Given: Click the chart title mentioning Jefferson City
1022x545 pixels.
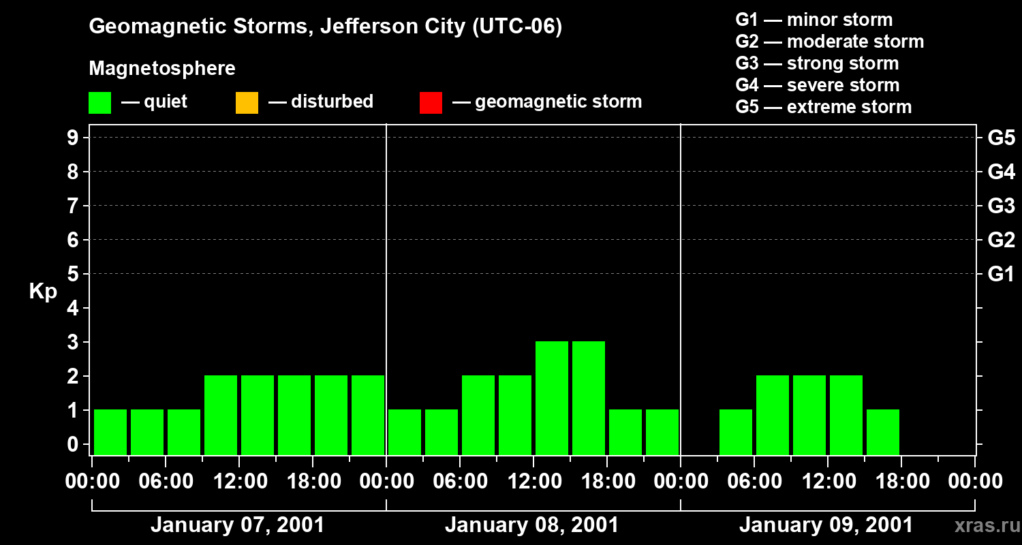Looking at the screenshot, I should (x=325, y=27).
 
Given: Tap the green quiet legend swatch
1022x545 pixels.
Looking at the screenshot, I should (x=99, y=102).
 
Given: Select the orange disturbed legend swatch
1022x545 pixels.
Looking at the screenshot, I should (x=247, y=102).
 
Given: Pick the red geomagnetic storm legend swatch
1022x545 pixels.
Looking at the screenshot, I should (x=431, y=102).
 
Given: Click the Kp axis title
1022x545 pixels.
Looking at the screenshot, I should (x=43, y=292).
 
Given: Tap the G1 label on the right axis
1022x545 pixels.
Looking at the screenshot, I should (x=1001, y=274).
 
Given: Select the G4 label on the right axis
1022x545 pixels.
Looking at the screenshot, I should (x=1001, y=172).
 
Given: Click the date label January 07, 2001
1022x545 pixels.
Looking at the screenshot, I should (x=237, y=525).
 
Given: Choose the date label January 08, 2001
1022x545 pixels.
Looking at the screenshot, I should (x=531, y=525).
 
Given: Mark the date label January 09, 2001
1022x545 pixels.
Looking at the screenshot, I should (x=826, y=525).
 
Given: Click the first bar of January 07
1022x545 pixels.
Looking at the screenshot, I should (x=110, y=432).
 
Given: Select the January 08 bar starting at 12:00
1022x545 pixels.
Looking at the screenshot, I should (x=552, y=398).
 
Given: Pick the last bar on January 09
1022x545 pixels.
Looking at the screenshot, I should (x=883, y=432).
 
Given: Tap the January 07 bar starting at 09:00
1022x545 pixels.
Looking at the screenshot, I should (x=221, y=415).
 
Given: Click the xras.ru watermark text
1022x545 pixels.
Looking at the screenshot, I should (x=987, y=525).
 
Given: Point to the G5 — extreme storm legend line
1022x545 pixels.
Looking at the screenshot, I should (x=823, y=107).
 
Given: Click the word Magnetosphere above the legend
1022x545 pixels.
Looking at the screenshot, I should (x=162, y=69).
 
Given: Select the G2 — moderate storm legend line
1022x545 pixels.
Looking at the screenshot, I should (x=829, y=42).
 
